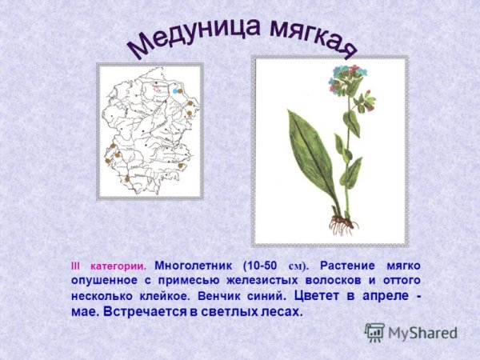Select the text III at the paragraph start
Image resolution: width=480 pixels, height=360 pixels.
77,265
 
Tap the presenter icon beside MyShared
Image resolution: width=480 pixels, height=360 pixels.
374,332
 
